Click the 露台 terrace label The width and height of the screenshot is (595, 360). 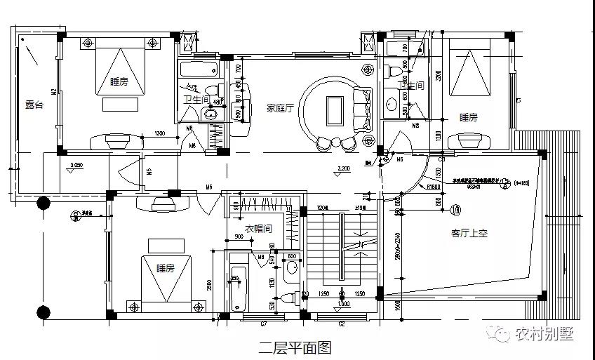point(34,104)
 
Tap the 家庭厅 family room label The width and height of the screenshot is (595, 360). point(279,108)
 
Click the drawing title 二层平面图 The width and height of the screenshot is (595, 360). point(294,346)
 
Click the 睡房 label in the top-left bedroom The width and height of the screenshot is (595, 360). point(119,81)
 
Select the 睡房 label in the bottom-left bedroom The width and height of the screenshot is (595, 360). point(166,267)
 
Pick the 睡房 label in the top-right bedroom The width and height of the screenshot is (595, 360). point(469,117)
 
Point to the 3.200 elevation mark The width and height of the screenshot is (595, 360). point(343,169)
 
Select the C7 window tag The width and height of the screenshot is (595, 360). point(264,324)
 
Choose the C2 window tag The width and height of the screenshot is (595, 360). point(342,324)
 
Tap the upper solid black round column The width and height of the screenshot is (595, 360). point(43,204)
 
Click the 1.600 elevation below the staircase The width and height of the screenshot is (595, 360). point(344,304)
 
